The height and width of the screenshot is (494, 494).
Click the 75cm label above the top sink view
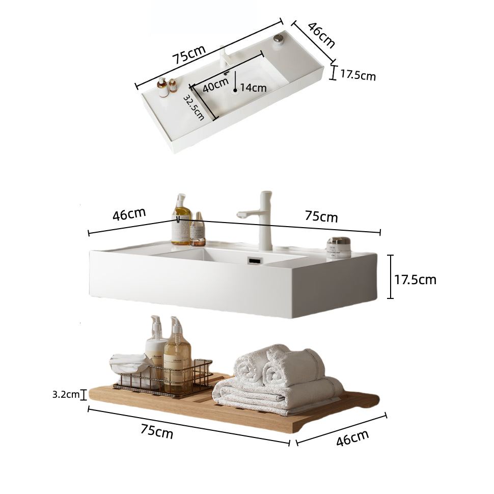(189, 54)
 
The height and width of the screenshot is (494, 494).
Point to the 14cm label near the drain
(254, 88)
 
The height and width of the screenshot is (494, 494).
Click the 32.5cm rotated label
(194, 107)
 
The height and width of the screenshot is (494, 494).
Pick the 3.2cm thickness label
(66, 394)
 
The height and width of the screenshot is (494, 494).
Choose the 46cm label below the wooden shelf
(352, 437)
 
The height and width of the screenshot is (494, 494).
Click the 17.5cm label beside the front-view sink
(416, 279)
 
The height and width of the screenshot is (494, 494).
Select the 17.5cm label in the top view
(358, 75)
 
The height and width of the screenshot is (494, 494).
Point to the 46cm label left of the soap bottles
(129, 214)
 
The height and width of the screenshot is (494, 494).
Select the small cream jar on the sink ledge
(339, 247)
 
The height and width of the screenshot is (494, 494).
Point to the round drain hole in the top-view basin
(235, 92)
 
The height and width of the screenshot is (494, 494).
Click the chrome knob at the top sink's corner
(278, 38)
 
